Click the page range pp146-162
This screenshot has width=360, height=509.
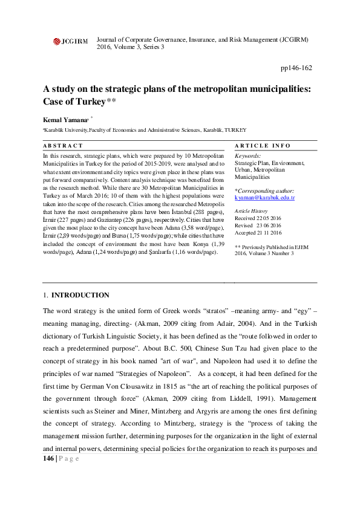tap(297, 69)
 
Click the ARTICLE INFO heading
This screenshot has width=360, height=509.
tap(262, 146)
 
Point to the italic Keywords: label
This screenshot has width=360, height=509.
tap(247, 157)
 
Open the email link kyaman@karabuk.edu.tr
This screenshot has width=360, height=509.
tap(264, 198)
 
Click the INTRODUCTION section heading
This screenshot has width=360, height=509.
tap(80, 295)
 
